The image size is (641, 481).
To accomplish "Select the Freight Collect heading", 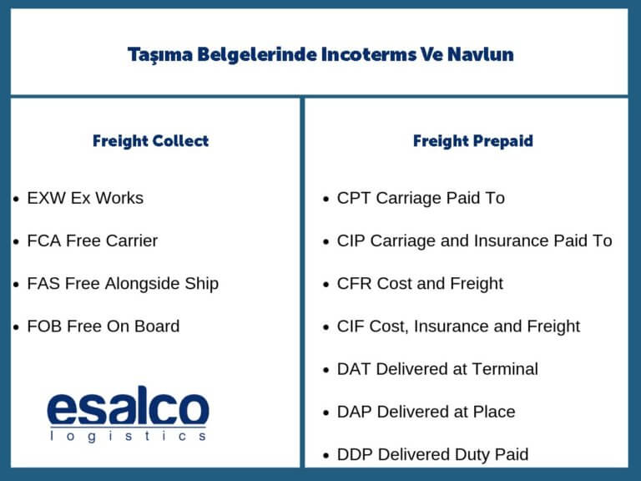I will (150, 141).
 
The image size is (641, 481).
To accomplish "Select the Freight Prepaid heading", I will (472, 141).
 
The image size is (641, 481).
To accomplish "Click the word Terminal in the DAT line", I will (504, 369).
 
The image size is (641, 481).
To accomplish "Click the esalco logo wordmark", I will (128, 408).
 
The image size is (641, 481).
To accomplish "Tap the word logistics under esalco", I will (128, 436).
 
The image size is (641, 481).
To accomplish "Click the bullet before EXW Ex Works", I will (16, 200).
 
